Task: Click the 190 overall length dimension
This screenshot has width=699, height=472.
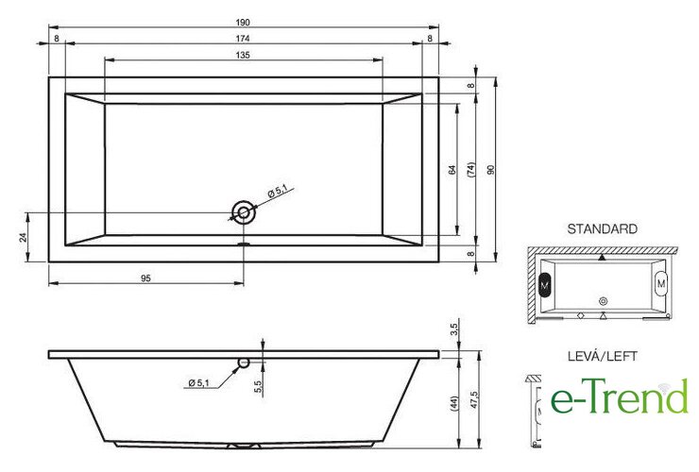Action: pyautogui.click(x=243, y=22)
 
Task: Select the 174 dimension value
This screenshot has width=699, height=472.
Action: pyautogui.click(x=243, y=39)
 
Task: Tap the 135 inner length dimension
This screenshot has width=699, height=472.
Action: pyautogui.click(x=243, y=56)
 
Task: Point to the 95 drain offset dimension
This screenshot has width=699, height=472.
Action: pyautogui.click(x=145, y=278)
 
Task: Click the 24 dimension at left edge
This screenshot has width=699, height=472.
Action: pyautogui.click(x=24, y=237)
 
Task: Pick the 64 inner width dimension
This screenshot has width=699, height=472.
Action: pyautogui.click(x=452, y=170)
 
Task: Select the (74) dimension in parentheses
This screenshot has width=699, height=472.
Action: pyautogui.click(x=470, y=170)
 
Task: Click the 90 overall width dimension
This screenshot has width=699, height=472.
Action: pyautogui.click(x=491, y=170)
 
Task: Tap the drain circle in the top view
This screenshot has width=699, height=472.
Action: pyautogui.click(x=244, y=212)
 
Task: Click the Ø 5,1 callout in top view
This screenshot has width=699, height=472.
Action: pyautogui.click(x=278, y=192)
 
